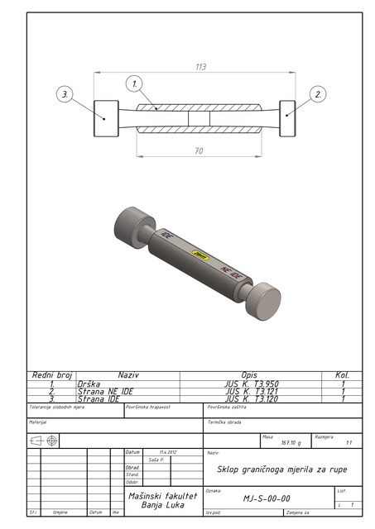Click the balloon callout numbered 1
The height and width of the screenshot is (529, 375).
[x=134, y=83]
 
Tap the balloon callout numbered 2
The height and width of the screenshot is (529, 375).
[x=318, y=95]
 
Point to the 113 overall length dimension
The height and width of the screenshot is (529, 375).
[x=200, y=67]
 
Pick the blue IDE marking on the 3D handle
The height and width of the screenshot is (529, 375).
[x=168, y=236]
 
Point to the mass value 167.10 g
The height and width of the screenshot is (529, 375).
[x=291, y=443]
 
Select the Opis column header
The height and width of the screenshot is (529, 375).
[x=249, y=375]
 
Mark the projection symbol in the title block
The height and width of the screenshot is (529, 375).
[x=44, y=441]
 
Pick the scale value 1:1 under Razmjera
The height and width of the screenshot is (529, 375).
[x=349, y=443]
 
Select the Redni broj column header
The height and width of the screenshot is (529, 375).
[x=52, y=375]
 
